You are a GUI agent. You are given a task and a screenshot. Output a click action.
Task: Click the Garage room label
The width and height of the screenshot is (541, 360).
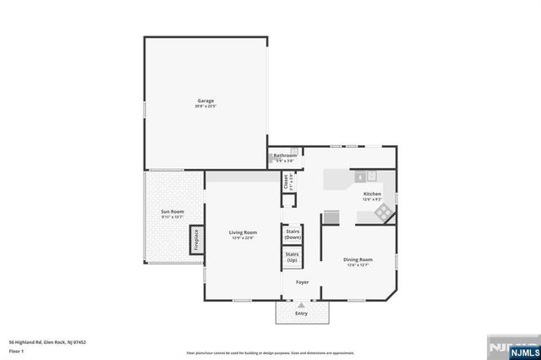point(205,101)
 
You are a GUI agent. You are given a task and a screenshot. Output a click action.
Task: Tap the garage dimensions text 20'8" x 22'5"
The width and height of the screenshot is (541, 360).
point(205,106)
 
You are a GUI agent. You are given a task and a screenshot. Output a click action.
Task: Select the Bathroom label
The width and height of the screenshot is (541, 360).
point(285,155)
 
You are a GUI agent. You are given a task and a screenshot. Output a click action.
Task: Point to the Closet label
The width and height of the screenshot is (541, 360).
point(287,181)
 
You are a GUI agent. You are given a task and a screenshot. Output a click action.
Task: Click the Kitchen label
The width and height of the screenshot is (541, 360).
point(373,194)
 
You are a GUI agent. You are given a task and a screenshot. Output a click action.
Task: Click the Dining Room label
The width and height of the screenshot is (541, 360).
point(358,259)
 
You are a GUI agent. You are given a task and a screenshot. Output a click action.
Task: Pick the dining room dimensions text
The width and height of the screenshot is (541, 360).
point(358,265)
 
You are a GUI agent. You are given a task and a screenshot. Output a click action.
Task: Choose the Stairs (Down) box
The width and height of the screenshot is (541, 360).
point(292,234)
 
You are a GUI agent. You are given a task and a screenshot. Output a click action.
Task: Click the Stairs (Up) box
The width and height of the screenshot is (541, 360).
point(292,257)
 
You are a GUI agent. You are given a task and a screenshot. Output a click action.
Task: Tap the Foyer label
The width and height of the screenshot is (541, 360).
point(302,282)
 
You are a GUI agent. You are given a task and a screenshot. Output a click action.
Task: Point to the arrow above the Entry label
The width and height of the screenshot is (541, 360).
point(302,305)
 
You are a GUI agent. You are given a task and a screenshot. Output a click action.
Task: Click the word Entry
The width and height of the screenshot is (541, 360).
point(302,314)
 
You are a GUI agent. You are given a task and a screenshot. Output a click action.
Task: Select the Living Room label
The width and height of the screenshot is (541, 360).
point(243,232)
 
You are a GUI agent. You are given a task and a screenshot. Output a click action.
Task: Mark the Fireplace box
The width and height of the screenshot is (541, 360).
point(195,239)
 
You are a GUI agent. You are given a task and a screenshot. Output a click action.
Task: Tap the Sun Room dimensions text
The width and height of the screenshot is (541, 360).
point(172,217)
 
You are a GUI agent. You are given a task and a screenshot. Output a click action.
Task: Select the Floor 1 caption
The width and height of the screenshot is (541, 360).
point(15,350)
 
